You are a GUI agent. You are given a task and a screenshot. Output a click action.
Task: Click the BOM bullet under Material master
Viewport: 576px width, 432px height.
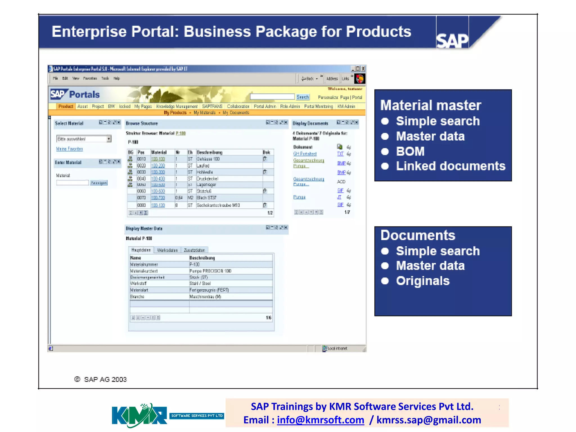coord(410,151)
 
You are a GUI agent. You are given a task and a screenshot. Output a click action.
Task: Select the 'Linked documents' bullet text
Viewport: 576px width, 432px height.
coord(451,166)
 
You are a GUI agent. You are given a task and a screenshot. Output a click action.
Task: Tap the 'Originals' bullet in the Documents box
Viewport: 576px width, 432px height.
coord(423,281)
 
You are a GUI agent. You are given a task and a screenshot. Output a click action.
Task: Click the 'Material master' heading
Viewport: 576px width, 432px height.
coord(431,105)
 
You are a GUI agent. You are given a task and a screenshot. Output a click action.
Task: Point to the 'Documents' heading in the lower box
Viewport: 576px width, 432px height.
coord(418,235)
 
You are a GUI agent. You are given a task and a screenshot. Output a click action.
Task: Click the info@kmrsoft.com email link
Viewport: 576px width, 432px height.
coord(320,420)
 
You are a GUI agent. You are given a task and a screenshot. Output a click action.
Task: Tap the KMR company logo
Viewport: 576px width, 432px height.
coord(139,415)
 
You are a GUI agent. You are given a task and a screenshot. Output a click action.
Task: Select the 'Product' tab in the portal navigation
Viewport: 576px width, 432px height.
coord(66,106)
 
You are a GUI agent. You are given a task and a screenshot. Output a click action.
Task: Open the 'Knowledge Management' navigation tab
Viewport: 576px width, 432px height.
coord(177,106)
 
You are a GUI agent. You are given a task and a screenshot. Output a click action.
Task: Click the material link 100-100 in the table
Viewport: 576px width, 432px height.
coord(158,159)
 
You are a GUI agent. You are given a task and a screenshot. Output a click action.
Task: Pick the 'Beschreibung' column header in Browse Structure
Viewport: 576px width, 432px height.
coord(210,152)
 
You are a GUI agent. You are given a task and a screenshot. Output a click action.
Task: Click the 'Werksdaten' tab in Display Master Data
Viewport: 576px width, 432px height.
coord(167,250)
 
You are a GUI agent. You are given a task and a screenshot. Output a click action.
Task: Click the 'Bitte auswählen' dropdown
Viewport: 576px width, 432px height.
coord(84,139)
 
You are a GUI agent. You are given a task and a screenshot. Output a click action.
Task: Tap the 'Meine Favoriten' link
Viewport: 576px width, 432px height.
coord(69,149)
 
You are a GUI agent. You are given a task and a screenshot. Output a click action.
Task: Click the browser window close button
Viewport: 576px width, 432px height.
coord(363,69)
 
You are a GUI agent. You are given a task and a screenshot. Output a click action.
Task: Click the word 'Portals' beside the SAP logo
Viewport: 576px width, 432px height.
coord(84,94)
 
